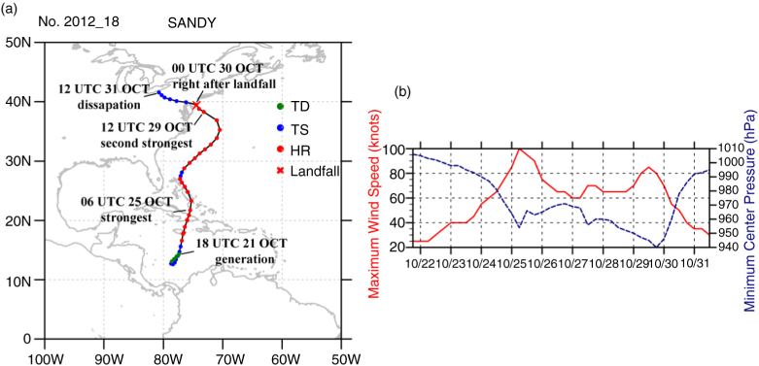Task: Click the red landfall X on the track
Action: (196, 105)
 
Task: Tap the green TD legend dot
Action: (280, 107)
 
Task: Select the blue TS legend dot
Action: (280, 128)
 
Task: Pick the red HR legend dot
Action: (280, 151)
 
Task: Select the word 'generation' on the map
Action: (244, 258)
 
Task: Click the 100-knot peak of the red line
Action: (519, 149)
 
